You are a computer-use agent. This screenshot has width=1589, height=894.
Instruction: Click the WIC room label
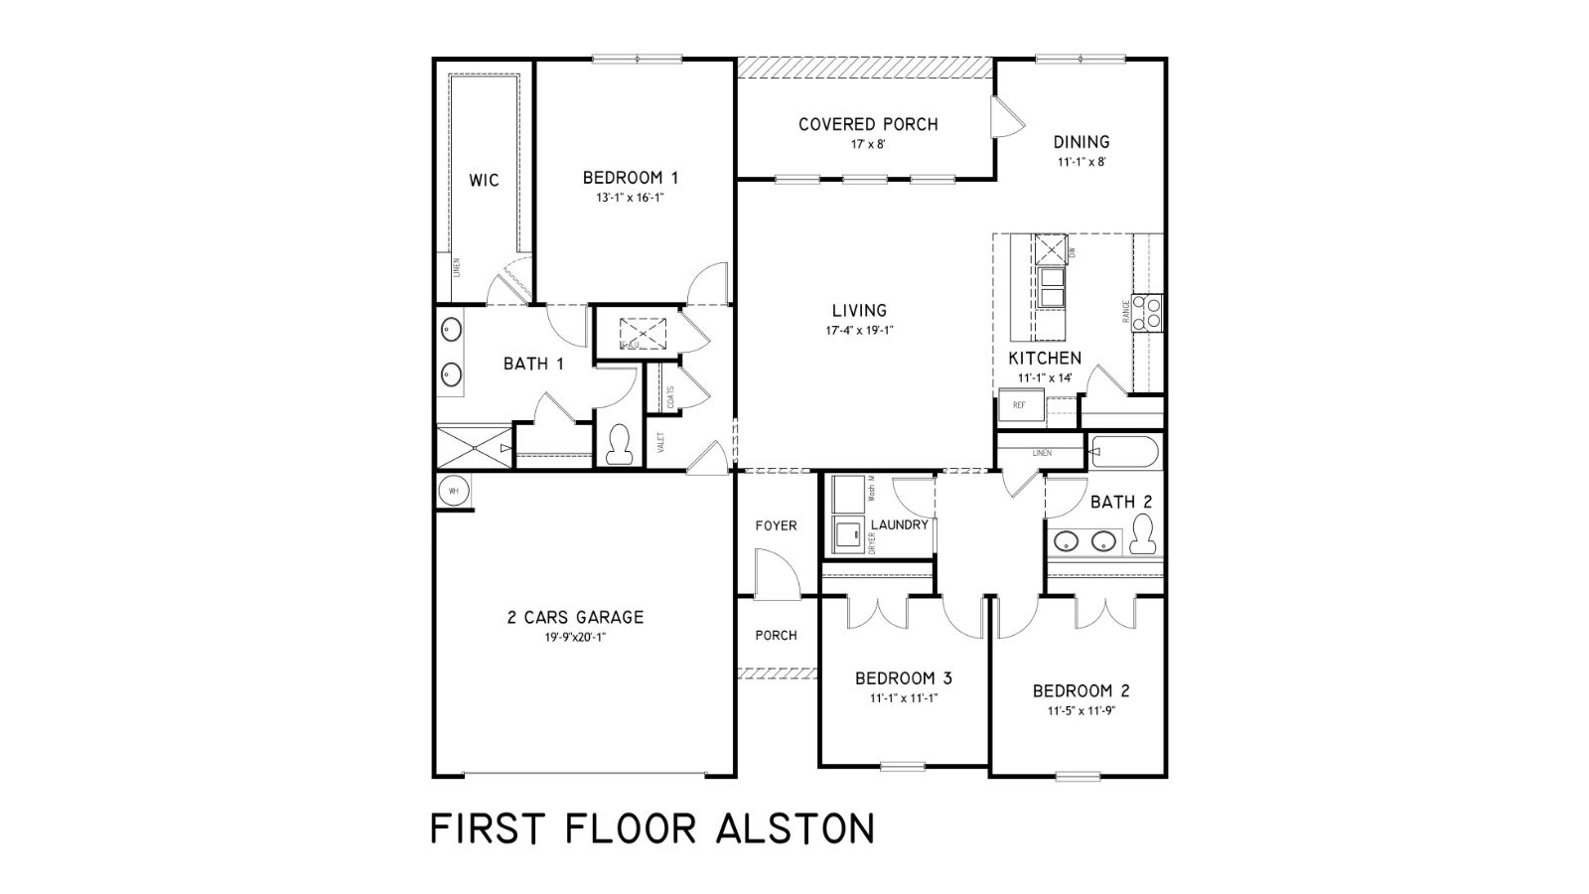coord(484,181)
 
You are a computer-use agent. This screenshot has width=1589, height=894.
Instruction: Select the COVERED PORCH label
coord(868,124)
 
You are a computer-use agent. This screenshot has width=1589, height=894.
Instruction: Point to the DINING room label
coord(1082,142)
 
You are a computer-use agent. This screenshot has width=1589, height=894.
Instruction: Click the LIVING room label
coord(859,311)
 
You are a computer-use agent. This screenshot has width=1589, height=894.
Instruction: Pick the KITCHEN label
coord(1045,358)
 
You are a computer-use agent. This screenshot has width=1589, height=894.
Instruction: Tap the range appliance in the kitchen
coord(1149,312)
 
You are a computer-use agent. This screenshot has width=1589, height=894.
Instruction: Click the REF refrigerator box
coord(1021,405)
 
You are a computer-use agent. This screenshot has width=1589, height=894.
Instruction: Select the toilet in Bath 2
coord(1143,535)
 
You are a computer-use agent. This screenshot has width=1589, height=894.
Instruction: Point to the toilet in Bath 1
coord(620,443)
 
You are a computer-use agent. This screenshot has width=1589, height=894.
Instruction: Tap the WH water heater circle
coord(454,491)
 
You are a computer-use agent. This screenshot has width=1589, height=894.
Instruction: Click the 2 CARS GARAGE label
coord(575,617)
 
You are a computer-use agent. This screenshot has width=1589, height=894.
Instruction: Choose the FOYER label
coord(776,525)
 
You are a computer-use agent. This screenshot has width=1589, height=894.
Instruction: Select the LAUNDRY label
coord(899,524)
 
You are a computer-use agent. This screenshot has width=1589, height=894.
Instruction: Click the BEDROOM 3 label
coord(904,678)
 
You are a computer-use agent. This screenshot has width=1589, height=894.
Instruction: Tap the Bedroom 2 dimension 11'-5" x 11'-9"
coord(1081,711)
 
